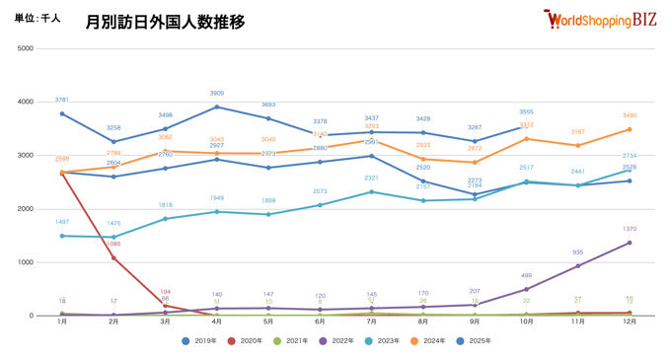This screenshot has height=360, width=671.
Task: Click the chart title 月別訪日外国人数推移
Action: coord(165,22)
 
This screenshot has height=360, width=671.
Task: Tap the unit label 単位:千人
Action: coord(37,19)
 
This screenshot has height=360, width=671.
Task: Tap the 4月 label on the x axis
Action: coord(217,323)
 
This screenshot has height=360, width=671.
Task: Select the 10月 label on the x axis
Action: coord(526,323)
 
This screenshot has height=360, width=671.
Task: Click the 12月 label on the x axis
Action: coord(629,323)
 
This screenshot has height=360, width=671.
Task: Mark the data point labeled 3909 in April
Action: coord(217,108)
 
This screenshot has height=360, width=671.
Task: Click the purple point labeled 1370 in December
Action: coord(630,243)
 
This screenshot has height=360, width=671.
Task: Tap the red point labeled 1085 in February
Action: coord(114,258)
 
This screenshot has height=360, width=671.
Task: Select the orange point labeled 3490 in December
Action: coord(630,129)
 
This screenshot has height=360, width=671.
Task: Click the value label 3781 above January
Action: coord(62,100)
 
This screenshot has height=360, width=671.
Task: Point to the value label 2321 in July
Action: coord(371,178)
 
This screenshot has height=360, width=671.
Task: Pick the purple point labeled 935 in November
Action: coord(578,266)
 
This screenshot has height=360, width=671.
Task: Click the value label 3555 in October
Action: coord(526,111)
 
